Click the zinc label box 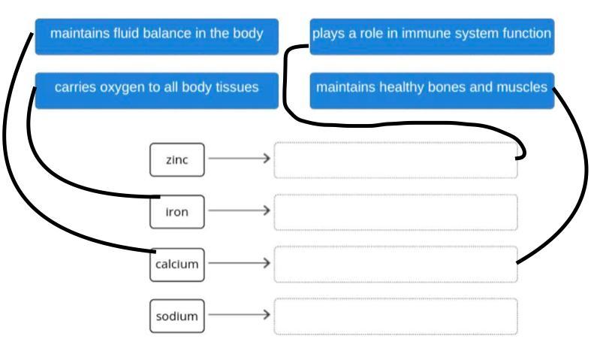(176, 159)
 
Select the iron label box (176, 212)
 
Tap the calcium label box (176, 264)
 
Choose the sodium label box (176, 316)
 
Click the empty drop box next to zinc (395, 159)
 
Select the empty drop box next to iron (395, 212)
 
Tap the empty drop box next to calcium (395, 264)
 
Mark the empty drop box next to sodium (395, 316)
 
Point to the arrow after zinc (239, 159)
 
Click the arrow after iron (239, 211)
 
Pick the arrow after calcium (239, 263)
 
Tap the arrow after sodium (239, 316)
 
